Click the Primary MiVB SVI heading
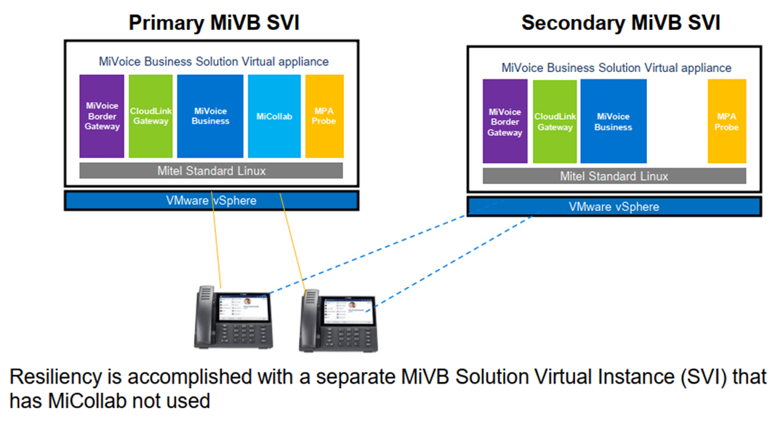[x=214, y=23]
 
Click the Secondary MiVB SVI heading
[x=620, y=23]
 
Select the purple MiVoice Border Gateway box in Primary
[x=102, y=116]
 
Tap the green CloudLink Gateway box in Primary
[x=150, y=116]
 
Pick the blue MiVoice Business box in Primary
[x=210, y=116]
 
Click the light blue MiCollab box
[x=274, y=116]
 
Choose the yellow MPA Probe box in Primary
[x=324, y=116]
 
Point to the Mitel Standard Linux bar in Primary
[x=211, y=171]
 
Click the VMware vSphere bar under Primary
[x=211, y=200]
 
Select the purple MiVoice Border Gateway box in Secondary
[x=505, y=122]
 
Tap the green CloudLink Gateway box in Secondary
[x=555, y=122]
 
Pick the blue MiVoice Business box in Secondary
[x=613, y=122]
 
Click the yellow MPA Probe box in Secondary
[x=726, y=122]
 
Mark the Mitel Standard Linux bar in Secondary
[x=614, y=176]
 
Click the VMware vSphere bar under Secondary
[x=614, y=207]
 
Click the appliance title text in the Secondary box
[x=616, y=68]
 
